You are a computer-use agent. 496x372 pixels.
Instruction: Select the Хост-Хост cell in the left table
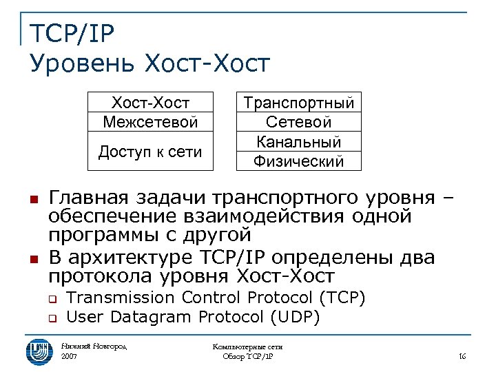point(150,103)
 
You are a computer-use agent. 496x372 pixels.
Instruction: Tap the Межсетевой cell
point(150,122)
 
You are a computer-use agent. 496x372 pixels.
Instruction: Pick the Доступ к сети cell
point(150,152)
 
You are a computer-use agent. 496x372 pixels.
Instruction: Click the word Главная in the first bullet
point(87,198)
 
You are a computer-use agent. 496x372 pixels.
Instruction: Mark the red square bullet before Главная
point(32,200)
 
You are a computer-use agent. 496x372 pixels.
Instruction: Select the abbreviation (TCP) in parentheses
point(342,298)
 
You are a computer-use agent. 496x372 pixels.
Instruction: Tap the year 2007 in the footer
point(70,357)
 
